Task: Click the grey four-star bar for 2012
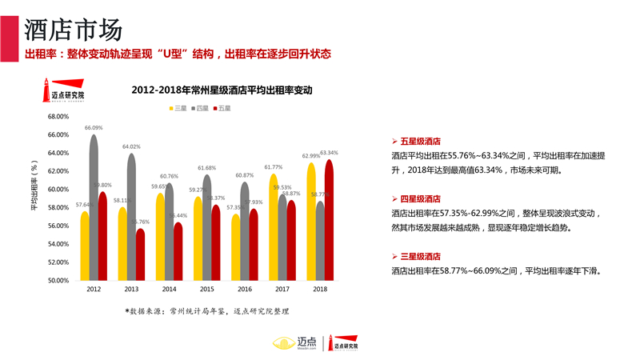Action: pyautogui.click(x=94, y=208)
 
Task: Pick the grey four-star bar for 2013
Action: pyautogui.click(x=131, y=216)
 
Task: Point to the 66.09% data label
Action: pyautogui.click(x=94, y=128)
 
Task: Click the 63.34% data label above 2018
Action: pyautogui.click(x=329, y=152)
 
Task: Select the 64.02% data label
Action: pyautogui.click(x=131, y=146)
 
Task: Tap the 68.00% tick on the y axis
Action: pyautogui.click(x=58, y=116)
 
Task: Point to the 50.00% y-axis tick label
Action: pyautogui.click(x=58, y=281)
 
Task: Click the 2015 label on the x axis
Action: pyautogui.click(x=206, y=289)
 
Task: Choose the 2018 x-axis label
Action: pyautogui.click(x=320, y=289)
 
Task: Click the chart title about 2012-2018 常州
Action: pyautogui.click(x=222, y=91)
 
